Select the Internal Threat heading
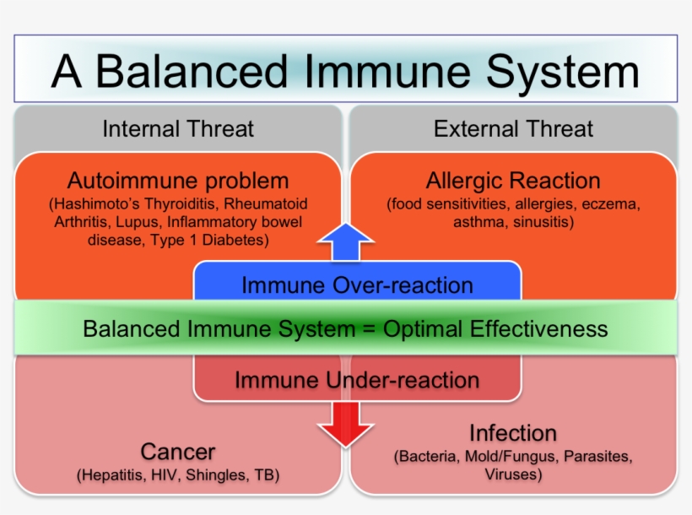178,129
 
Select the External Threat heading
513,129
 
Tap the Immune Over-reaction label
357,285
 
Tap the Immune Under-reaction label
357,380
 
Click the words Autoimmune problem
178,181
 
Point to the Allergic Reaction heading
513,181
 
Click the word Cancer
178,452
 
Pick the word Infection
513,433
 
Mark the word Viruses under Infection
513,474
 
